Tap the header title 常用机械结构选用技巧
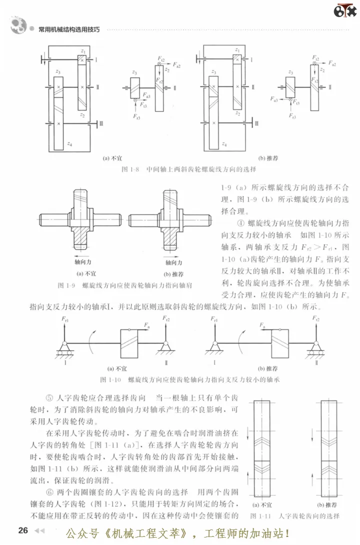69,29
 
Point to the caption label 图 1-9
66,285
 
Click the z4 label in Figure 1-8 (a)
69,144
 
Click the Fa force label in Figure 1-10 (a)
147,325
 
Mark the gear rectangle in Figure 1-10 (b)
284,345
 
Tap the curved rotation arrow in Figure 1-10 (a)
90,345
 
